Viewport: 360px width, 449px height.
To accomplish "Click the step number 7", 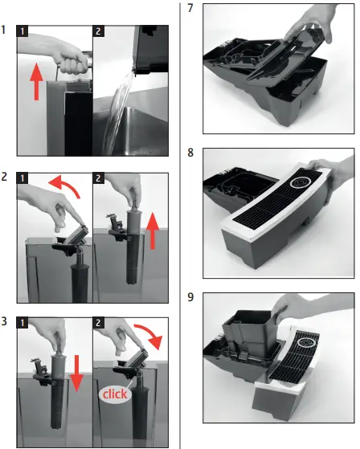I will point(190,10).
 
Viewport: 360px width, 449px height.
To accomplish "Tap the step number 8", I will point(190,152).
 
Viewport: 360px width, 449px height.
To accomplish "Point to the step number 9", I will point(190,297).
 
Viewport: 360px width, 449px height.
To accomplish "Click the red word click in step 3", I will point(115,395).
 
